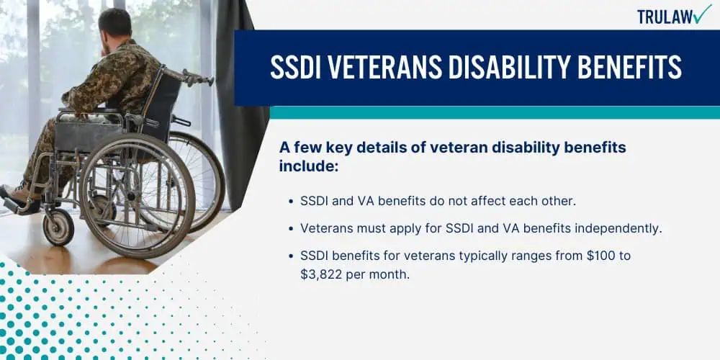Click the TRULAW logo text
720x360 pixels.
coord(665,17)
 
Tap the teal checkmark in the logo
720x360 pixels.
coord(703,14)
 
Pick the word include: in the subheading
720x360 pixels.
coord(309,166)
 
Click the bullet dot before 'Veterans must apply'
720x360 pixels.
coord(291,229)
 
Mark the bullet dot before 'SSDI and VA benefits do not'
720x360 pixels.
coord(291,202)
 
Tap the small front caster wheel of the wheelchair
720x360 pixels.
coord(58,227)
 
